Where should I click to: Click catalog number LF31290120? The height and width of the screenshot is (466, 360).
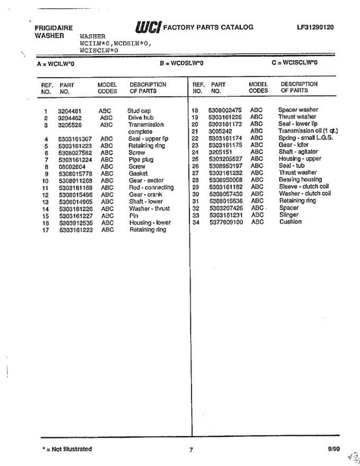[x=315, y=27]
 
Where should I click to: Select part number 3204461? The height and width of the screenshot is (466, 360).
[x=70, y=111]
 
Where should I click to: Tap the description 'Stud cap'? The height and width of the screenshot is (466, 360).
[x=139, y=111]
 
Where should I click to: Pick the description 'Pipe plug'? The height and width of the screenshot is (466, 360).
[x=141, y=160]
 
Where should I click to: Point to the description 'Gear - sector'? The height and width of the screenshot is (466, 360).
[x=146, y=181]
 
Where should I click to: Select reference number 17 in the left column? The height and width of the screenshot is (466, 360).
[x=45, y=230]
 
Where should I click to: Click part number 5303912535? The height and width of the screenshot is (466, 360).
[x=76, y=223]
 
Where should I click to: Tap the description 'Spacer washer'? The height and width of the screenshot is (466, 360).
[x=298, y=110]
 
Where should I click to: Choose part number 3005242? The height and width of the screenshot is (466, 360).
[x=220, y=131]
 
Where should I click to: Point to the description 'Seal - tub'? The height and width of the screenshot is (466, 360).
[x=291, y=166]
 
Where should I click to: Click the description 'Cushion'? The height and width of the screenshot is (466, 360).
[x=290, y=222]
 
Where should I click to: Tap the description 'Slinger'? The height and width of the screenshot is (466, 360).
[x=289, y=215]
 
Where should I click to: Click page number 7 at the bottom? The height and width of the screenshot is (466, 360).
[x=191, y=450]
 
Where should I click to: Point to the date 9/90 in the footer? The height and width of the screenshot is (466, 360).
[x=334, y=449]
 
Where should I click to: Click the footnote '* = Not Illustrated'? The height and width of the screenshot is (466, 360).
[x=67, y=449]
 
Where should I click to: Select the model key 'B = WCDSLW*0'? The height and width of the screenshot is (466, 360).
[x=182, y=63]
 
